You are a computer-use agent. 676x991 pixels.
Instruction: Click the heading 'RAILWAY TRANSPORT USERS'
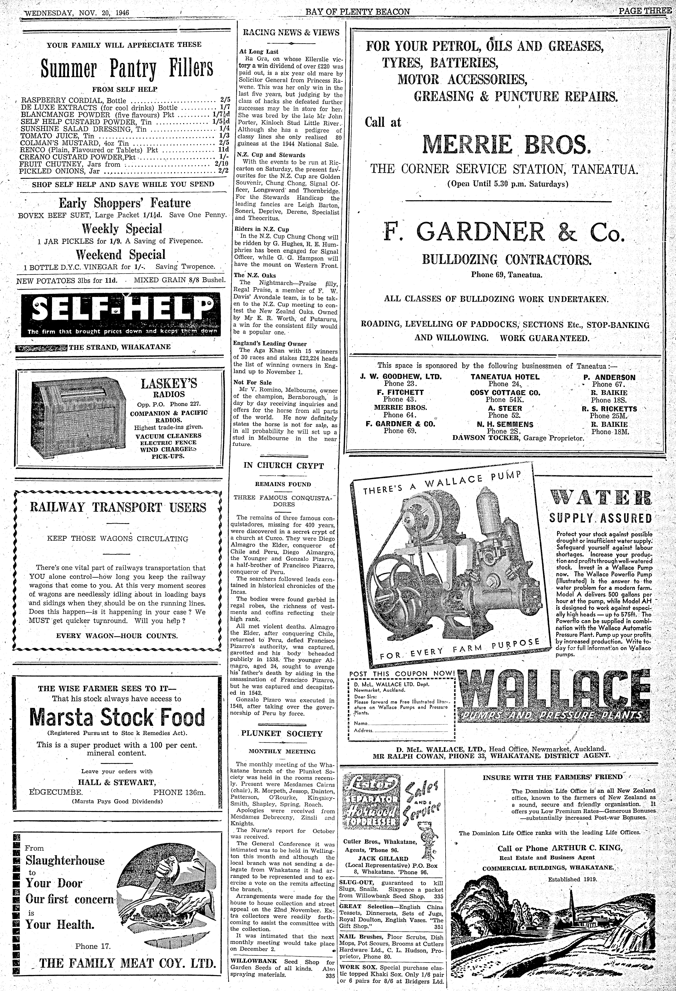[118, 507]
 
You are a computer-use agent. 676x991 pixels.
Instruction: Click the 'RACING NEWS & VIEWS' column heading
[291, 32]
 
